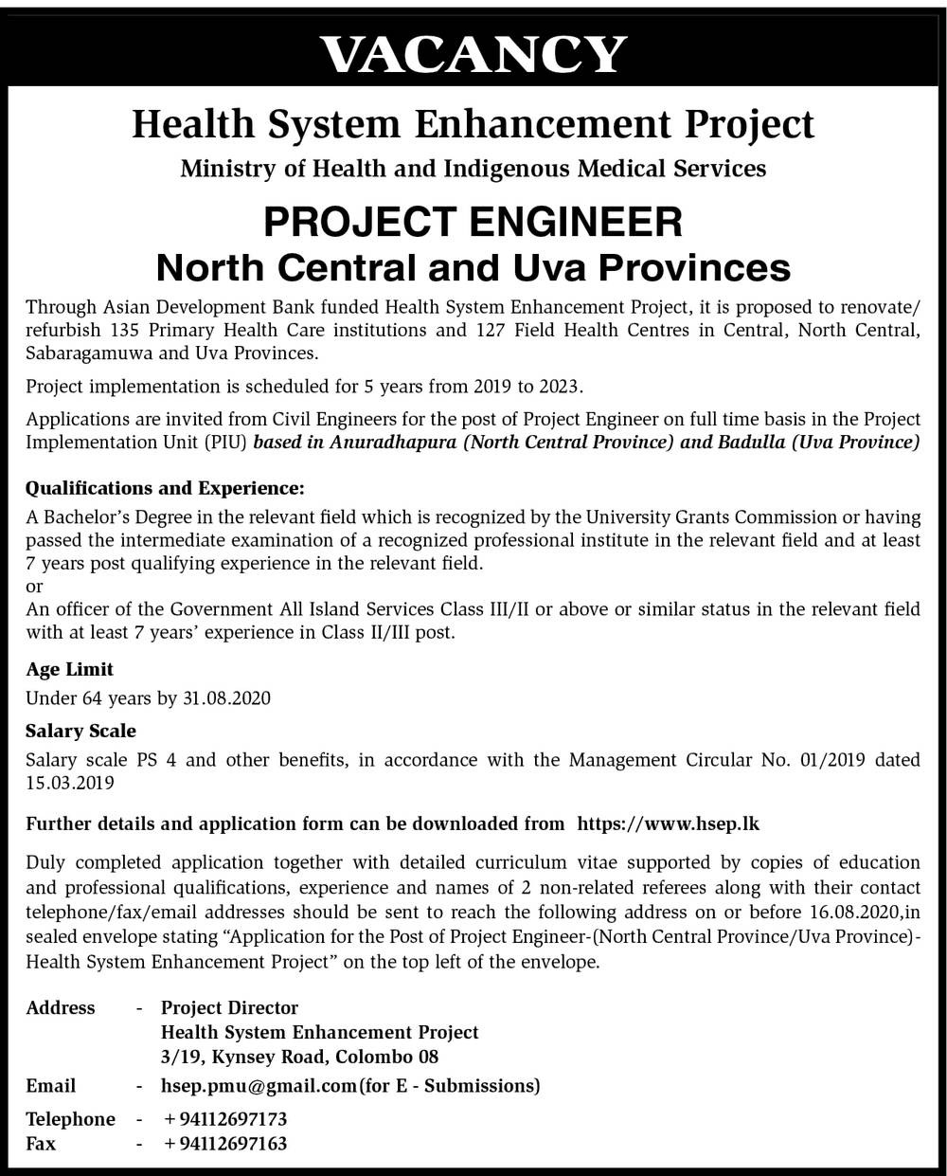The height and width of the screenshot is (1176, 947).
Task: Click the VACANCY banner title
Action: (x=473, y=54)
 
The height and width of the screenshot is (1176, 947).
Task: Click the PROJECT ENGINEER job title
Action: (x=473, y=223)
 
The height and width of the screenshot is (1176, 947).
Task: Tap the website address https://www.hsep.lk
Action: (x=668, y=823)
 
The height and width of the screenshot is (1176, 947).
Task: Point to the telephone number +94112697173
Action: (x=225, y=1119)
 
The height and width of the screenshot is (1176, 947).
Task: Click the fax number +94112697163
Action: (x=225, y=1143)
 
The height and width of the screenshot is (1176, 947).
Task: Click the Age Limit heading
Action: (x=70, y=669)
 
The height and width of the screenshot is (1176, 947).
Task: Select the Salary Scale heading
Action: (x=81, y=731)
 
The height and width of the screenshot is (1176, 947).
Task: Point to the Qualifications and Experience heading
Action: (x=166, y=489)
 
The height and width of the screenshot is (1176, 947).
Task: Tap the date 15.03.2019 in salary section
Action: (x=70, y=783)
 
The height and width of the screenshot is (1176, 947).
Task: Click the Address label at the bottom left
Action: (x=61, y=1007)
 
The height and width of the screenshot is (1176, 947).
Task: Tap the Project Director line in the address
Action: (x=229, y=1007)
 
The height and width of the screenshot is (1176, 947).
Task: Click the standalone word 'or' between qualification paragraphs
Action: (x=34, y=587)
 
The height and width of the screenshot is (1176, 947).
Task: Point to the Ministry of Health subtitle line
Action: (x=473, y=169)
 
